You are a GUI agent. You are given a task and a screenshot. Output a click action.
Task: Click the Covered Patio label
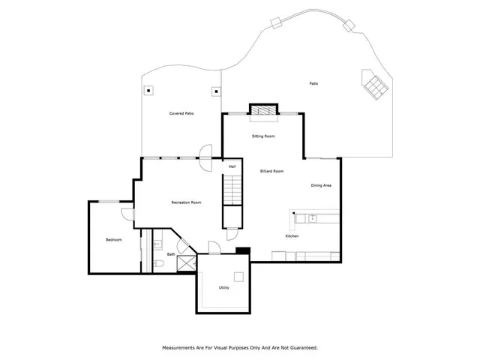pos(181,113)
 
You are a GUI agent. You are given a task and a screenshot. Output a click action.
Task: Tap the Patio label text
pos(313,83)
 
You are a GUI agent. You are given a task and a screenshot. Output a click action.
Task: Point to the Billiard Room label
pos(271,171)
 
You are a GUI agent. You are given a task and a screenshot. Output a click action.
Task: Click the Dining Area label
pos(322,185)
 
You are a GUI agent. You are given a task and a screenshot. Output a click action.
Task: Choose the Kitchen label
pos(292,236)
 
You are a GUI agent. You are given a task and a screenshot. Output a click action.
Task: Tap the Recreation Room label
pos(186,202)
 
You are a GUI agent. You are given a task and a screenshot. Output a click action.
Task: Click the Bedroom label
pos(113,239)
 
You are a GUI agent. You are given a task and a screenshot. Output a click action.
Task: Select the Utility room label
pos(223,287)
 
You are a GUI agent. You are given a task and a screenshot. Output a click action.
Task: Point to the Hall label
pos(232,166)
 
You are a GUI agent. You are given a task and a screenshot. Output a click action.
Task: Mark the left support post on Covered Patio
pos(148,91)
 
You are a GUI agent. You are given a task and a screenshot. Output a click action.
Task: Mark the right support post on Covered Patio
pos(216,91)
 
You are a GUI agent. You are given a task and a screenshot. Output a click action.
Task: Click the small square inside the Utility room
pos(238,274)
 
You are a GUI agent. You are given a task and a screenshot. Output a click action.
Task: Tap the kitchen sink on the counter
pos(313,218)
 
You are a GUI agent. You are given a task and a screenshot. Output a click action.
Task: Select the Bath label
pos(171,254)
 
